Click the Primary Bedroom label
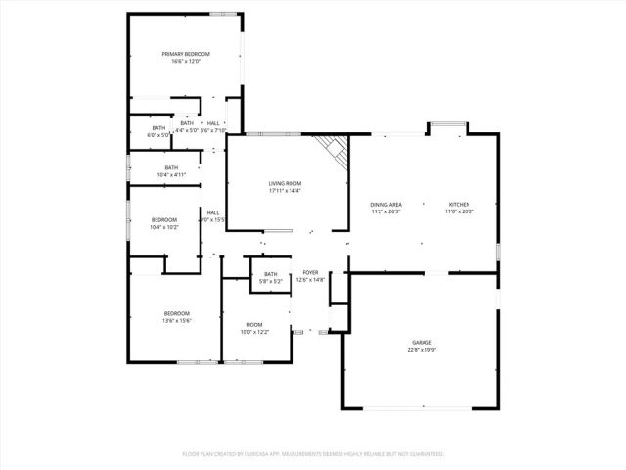point(186,54)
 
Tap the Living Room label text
point(285,183)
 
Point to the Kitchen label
point(459,204)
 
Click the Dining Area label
point(385,204)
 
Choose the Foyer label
point(310,273)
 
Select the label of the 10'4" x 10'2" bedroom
point(164,220)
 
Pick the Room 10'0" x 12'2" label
point(254,325)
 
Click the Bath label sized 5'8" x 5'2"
point(270,274)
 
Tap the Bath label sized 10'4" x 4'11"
point(171,168)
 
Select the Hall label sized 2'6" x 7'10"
point(213,123)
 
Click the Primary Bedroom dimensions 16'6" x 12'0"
point(186,62)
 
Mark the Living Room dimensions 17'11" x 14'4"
point(285,191)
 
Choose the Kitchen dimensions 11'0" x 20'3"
point(459,211)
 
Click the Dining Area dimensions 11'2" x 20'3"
point(385,211)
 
